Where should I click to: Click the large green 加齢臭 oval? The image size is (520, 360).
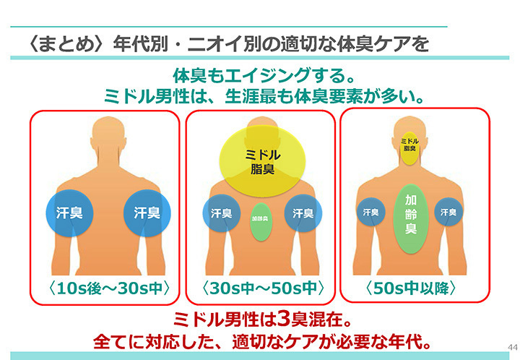(409, 215)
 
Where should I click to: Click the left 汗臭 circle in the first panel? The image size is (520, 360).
(71, 213)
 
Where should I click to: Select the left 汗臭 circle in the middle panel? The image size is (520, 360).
(221, 213)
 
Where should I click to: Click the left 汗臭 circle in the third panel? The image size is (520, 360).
(370, 212)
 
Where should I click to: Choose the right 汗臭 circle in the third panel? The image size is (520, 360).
(449, 212)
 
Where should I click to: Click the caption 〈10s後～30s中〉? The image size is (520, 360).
(105, 288)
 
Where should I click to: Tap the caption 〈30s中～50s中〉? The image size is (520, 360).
(261, 288)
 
